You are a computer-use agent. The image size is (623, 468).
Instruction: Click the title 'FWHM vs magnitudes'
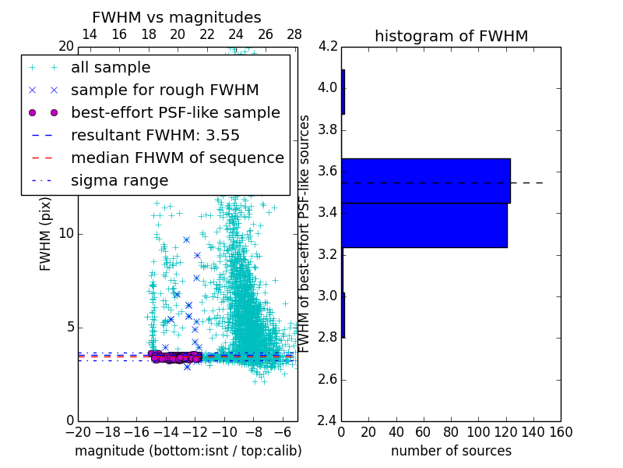177,18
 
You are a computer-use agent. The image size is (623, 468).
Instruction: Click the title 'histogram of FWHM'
451,36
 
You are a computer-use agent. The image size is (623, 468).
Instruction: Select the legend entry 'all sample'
111,68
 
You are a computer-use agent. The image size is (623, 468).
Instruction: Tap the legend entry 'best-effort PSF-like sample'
175,113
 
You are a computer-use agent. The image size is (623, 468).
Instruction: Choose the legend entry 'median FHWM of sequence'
177,158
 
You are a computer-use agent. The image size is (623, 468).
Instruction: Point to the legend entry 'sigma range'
119,181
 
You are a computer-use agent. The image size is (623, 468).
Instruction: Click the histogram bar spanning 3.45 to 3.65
425,181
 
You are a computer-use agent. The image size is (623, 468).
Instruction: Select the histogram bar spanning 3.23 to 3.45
424,225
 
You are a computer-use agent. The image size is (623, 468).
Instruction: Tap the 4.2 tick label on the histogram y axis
328,46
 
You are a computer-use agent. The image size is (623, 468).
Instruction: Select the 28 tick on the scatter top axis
294,34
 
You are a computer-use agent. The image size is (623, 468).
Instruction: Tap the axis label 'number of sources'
451,451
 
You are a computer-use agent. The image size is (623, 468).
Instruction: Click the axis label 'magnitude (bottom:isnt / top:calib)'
188,451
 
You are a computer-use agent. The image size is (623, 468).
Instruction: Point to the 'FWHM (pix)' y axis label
46,233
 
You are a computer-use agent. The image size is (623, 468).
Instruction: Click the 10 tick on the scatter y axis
66,234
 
